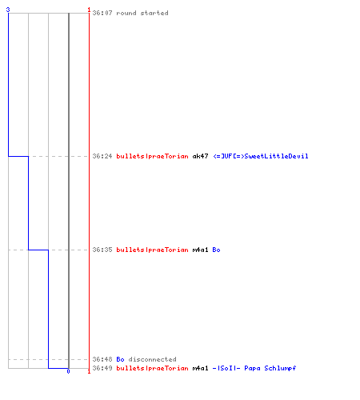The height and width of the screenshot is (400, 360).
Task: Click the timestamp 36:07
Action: pos(102,13)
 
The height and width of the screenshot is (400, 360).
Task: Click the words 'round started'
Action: pos(142,13)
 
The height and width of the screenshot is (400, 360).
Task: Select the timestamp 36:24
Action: pos(102,156)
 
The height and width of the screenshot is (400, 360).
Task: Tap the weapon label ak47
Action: pos(200,156)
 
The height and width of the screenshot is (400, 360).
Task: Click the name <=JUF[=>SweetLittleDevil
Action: pos(261,156)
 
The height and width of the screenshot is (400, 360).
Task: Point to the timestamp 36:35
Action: pos(102,250)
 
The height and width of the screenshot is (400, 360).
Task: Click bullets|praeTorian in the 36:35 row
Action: pos(152,250)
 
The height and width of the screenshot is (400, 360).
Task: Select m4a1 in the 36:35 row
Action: pos(200,250)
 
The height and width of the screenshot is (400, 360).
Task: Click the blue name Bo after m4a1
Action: pos(216,250)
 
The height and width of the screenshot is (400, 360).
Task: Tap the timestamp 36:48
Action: pos(102,359)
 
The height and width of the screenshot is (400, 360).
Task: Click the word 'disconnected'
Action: pos(152,359)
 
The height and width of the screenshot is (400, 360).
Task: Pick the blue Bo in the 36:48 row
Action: pos(120,359)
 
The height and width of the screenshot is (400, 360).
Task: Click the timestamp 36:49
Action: pos(102,368)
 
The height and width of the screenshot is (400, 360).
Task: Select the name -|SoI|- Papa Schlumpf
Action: pos(254,368)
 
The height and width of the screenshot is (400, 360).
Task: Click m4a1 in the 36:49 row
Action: pos(200,368)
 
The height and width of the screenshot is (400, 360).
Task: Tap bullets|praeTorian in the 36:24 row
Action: pos(152,156)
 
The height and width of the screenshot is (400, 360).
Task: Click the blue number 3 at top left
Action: pos(8,10)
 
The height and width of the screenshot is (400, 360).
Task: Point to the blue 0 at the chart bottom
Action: pos(68,371)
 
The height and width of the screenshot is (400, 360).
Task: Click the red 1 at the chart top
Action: pos(89,10)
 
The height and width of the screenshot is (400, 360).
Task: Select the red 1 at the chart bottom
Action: pos(89,371)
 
